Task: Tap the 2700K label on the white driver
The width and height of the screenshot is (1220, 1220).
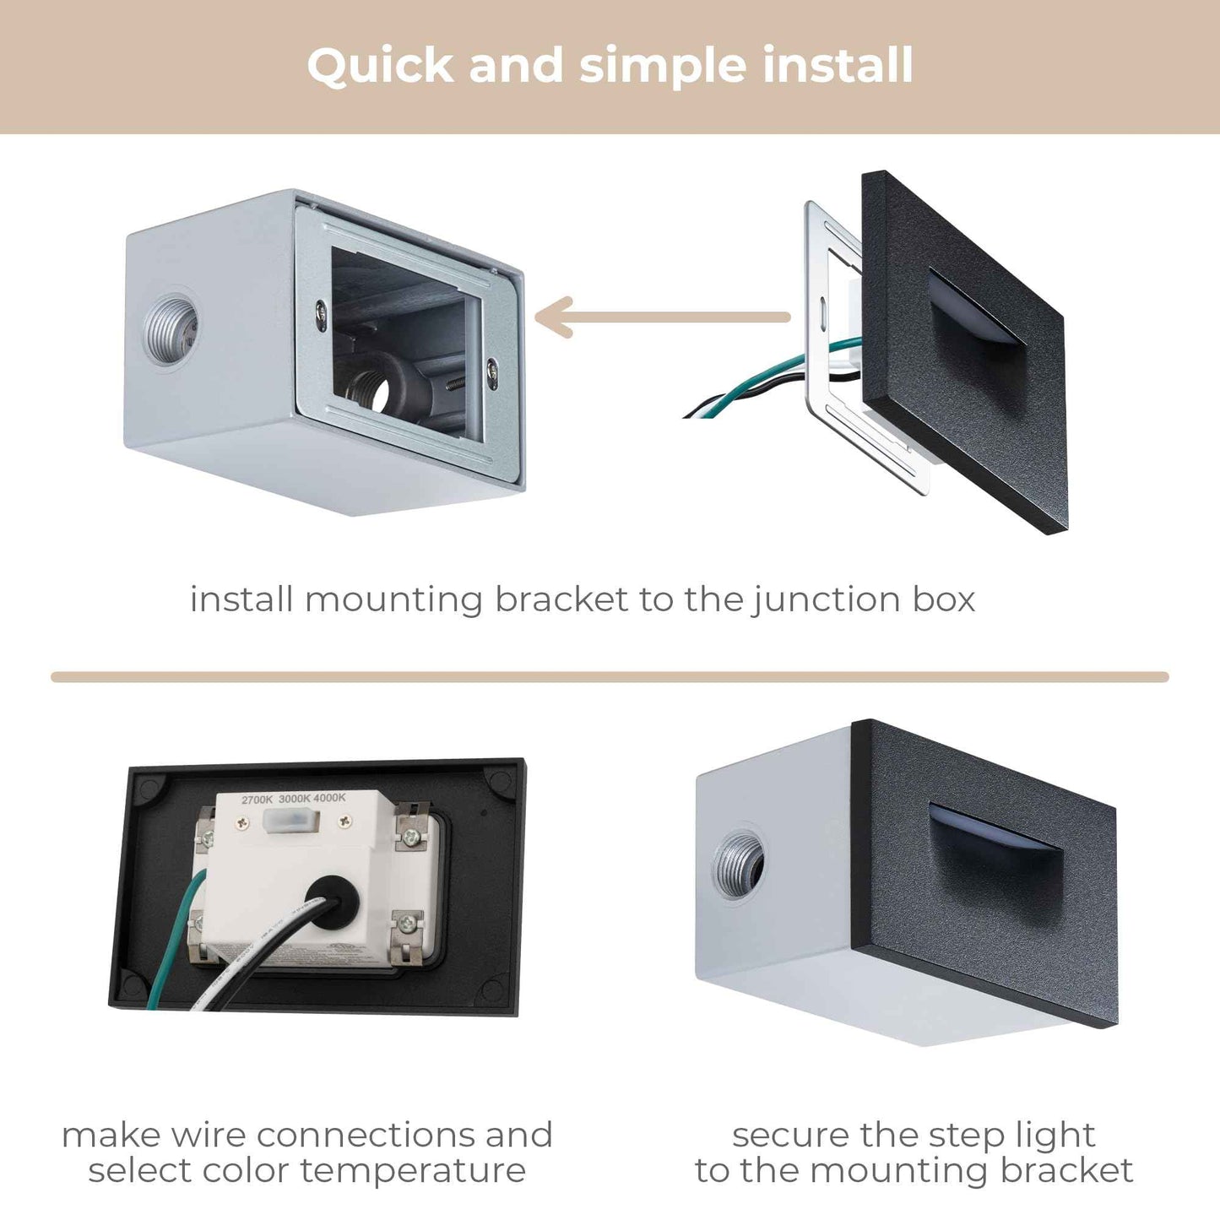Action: tap(257, 799)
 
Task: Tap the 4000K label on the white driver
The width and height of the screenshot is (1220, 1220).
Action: tap(330, 799)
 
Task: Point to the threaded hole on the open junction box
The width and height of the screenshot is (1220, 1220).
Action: tap(171, 328)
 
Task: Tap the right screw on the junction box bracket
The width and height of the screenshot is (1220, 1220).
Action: tap(491, 367)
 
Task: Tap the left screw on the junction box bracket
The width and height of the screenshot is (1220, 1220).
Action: tap(322, 312)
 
